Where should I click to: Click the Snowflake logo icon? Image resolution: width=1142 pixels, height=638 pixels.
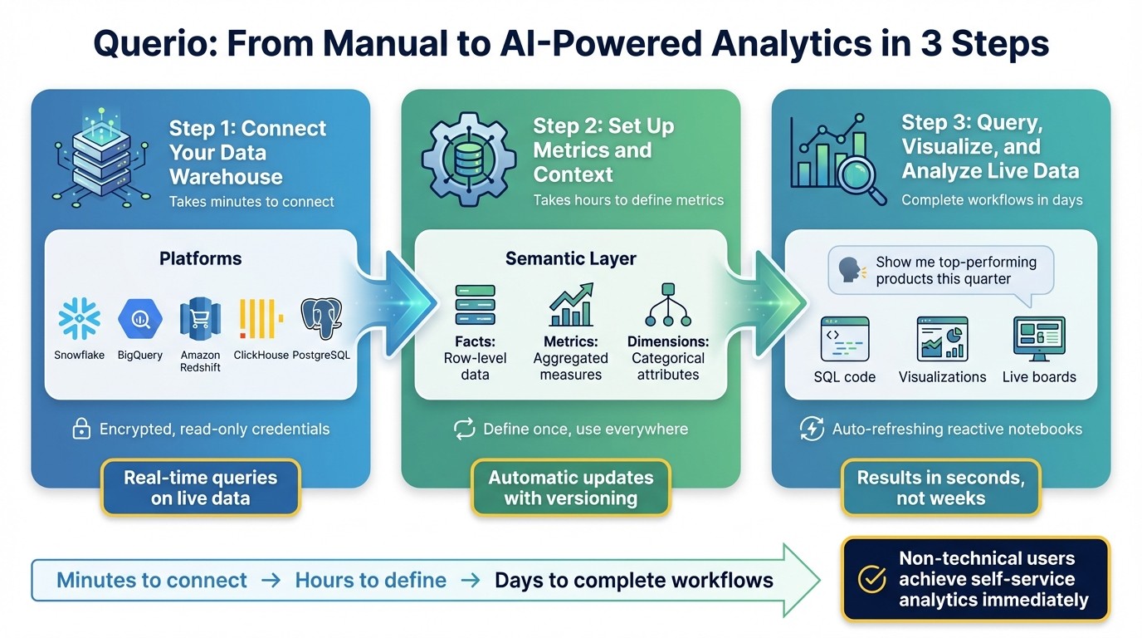pos(80,319)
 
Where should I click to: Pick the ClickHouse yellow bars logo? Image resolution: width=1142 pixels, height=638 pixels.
pos(261,319)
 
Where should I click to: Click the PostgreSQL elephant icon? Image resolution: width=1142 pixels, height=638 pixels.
pos(321,319)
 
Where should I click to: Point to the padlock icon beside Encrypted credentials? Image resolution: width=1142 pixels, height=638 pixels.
pos(81,429)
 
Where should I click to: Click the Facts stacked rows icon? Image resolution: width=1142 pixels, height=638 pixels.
pos(475,305)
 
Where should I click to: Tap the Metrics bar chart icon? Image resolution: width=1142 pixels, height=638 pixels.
pos(571,305)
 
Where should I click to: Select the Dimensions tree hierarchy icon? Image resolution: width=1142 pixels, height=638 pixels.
pos(667,305)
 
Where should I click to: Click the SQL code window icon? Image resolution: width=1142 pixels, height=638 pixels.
pos(844,338)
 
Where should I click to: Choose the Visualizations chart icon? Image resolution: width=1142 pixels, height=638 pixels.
pos(942,338)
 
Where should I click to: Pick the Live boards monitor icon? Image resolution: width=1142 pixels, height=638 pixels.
pos(1039,338)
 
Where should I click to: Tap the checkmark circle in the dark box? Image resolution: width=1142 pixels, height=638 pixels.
pos(871,579)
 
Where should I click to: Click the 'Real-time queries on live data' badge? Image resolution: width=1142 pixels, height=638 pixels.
pos(200,488)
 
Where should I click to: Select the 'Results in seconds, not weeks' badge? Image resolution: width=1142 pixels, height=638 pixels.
pos(940,488)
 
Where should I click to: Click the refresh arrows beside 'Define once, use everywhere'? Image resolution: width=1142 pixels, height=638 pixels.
pos(463,429)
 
